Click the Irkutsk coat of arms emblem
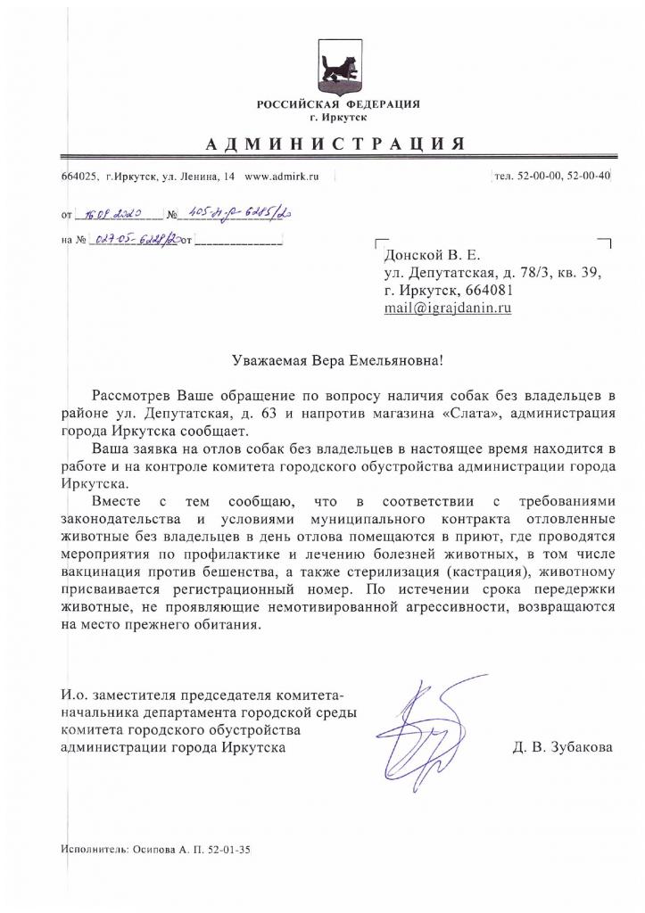point(338,67)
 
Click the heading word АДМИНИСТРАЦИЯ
point(337,144)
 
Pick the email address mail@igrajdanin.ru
point(448,308)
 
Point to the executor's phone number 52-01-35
point(230,850)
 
